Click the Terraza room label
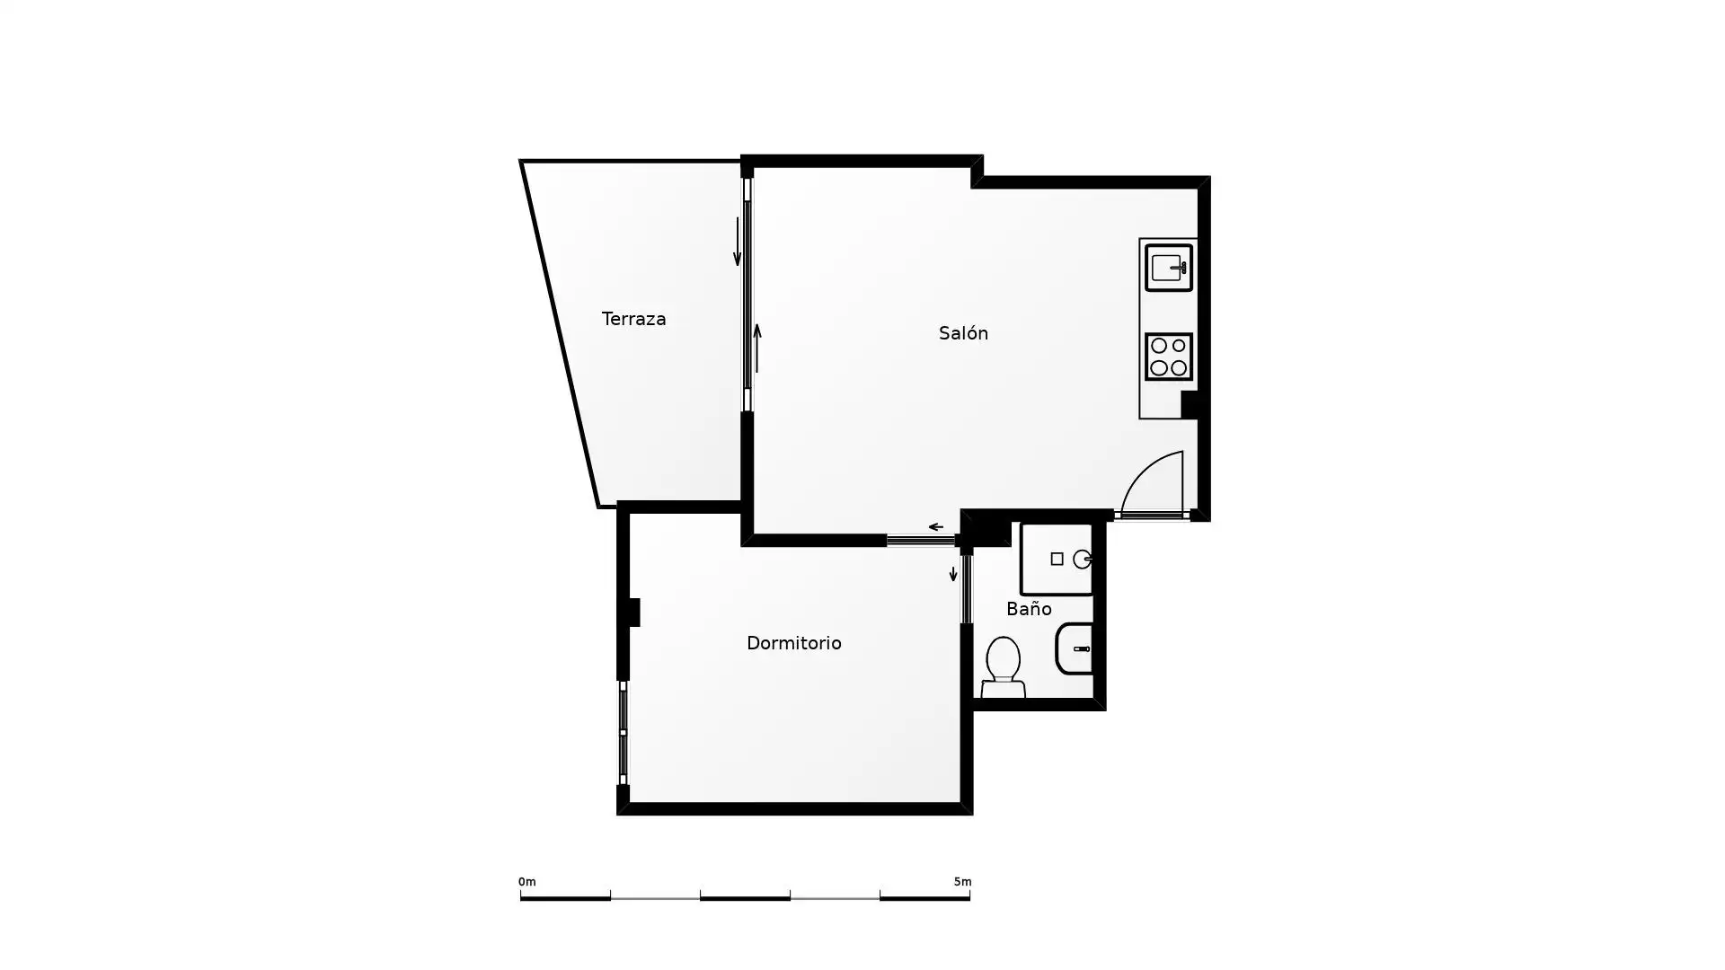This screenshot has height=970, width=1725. pyautogui.click(x=633, y=319)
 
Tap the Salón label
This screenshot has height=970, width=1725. pyautogui.click(x=963, y=333)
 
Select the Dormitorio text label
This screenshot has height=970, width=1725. pyautogui.click(x=794, y=643)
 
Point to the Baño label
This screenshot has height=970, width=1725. pyautogui.click(x=1029, y=609)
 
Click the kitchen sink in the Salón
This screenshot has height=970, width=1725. pyautogui.click(x=1169, y=268)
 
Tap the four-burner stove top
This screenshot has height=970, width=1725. pyautogui.click(x=1169, y=357)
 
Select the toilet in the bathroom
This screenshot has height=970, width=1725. pyautogui.click(x=1003, y=667)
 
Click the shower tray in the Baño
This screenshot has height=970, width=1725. pyautogui.click(x=1057, y=559)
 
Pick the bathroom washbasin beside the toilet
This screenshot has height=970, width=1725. pyautogui.click(x=1075, y=648)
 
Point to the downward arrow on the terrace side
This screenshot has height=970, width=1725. pyautogui.click(x=738, y=242)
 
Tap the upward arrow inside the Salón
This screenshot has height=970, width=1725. pyautogui.click(x=757, y=348)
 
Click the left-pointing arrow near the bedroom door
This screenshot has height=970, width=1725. pyautogui.click(x=935, y=527)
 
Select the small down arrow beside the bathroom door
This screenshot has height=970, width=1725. pyautogui.click(x=953, y=574)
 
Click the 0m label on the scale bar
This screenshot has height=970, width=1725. pyautogui.click(x=527, y=882)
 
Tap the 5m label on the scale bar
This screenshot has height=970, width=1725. pyautogui.click(x=962, y=882)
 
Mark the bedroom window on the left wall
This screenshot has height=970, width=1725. pyautogui.click(x=623, y=733)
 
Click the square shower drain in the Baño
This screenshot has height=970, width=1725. pyautogui.click(x=1057, y=560)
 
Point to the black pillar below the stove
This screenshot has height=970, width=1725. pyautogui.click(x=1190, y=405)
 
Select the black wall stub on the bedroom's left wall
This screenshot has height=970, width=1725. pyautogui.click(x=633, y=613)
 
